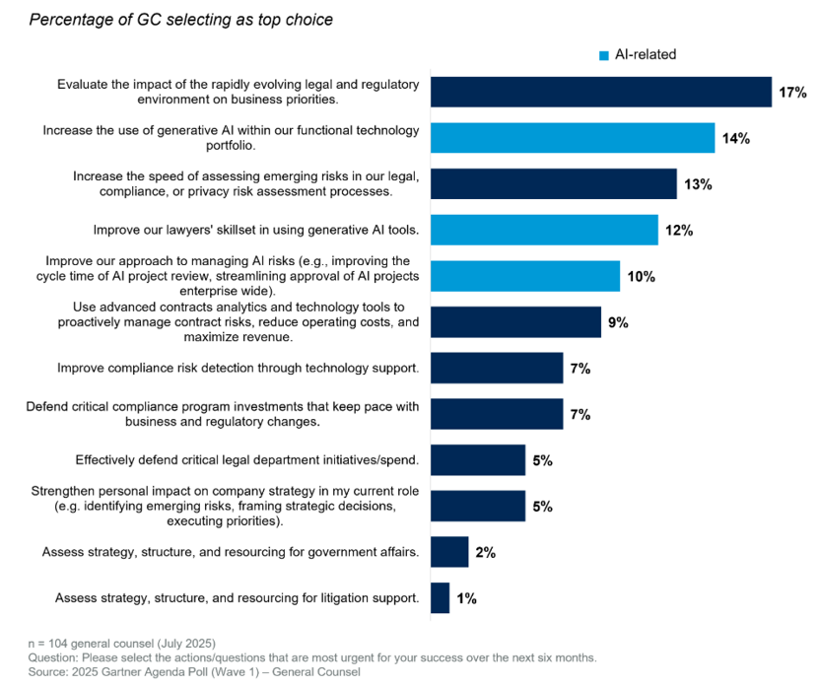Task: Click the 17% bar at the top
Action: (x=601, y=92)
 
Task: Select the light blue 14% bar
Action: (x=573, y=138)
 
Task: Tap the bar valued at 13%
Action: (x=554, y=184)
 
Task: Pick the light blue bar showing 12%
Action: (x=544, y=230)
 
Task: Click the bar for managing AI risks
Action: (x=525, y=276)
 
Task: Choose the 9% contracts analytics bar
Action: (x=515, y=322)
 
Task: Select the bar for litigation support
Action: (x=441, y=597)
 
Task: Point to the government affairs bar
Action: (x=449, y=552)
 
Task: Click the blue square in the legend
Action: (x=604, y=55)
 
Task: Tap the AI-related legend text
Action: (x=646, y=55)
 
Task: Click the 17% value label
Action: (x=792, y=93)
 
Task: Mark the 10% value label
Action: (x=642, y=277)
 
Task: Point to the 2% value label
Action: (x=485, y=553)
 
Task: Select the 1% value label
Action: (x=466, y=598)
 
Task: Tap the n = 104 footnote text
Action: (x=110, y=643)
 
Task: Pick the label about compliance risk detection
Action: (x=238, y=368)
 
